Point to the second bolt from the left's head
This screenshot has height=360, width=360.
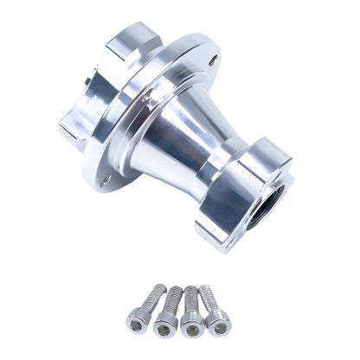point(165,324)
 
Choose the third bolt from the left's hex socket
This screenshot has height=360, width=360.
point(192,325)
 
